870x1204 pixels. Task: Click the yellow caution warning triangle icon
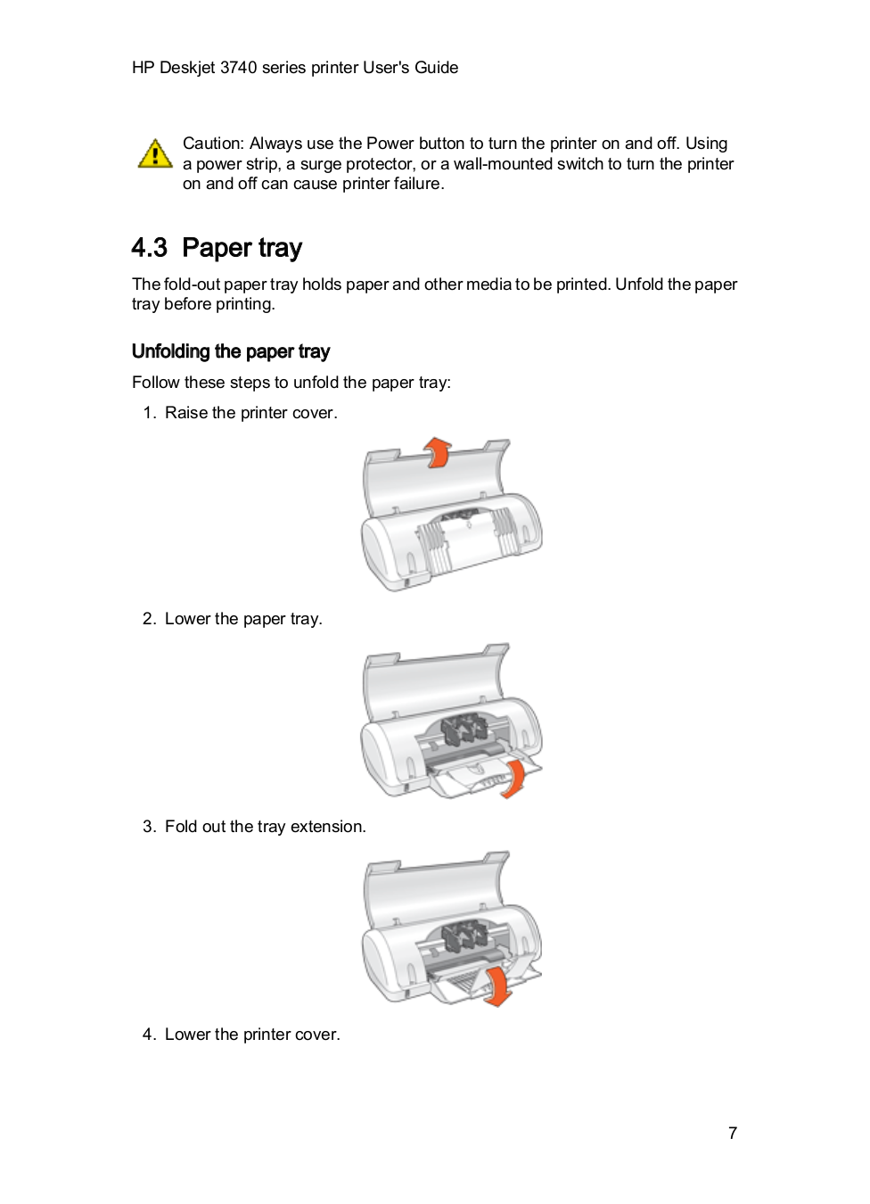pyautogui.click(x=155, y=153)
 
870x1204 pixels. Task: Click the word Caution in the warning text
pyautogui.click(x=212, y=144)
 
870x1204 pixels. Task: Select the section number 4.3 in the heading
pyautogui.click(x=149, y=248)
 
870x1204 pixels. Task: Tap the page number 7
pyautogui.click(x=733, y=1134)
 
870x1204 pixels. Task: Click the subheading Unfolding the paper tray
pyautogui.click(x=231, y=351)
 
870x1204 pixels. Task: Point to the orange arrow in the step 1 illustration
pyautogui.click(x=437, y=452)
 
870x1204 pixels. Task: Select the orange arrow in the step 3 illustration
pyautogui.click(x=497, y=986)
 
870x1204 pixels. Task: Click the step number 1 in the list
pyautogui.click(x=148, y=413)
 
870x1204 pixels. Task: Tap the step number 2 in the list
pyautogui.click(x=148, y=619)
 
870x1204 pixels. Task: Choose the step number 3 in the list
pyautogui.click(x=148, y=827)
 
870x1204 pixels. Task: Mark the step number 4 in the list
pyautogui.click(x=148, y=1035)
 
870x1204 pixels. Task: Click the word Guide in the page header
pyautogui.click(x=436, y=68)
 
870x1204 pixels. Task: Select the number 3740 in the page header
pyautogui.click(x=238, y=68)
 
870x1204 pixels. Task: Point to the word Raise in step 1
pyautogui.click(x=186, y=413)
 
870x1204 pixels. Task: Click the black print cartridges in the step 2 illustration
pyautogui.click(x=463, y=730)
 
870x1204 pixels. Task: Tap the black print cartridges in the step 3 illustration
pyautogui.click(x=463, y=936)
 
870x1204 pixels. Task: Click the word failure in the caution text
pyautogui.click(x=418, y=184)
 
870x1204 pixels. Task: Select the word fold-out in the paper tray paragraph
pyautogui.click(x=192, y=285)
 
